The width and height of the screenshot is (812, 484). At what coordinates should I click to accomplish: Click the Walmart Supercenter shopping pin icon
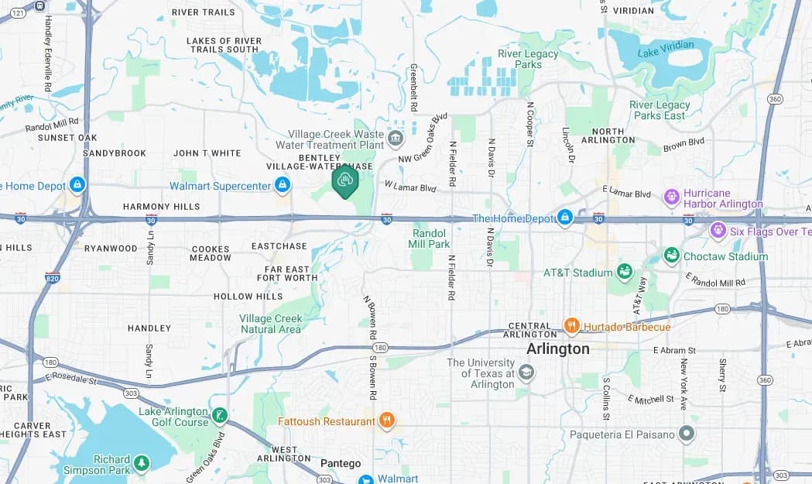[283, 185]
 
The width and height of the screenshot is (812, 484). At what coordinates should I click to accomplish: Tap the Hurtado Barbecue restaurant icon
[572, 326]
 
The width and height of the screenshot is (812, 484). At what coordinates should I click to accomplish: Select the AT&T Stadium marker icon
[624, 272]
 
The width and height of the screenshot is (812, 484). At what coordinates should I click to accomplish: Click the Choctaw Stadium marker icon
[671, 256]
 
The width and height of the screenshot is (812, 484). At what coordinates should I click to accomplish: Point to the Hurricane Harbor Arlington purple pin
[671, 197]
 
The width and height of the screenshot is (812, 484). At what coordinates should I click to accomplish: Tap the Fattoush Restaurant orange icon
[387, 421]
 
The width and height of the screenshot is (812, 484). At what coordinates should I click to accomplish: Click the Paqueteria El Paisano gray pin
[686, 434]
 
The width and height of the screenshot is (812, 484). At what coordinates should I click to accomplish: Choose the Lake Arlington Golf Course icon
[220, 416]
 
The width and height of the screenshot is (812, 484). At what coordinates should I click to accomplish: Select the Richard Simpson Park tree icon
[141, 463]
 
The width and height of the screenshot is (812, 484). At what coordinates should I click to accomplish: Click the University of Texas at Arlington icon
[526, 373]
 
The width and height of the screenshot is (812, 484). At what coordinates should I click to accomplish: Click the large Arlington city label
[557, 349]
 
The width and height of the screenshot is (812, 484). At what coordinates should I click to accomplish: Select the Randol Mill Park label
[429, 239]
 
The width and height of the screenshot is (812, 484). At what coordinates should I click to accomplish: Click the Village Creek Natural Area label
[270, 324]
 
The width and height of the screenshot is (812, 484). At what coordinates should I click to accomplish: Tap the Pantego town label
[341, 464]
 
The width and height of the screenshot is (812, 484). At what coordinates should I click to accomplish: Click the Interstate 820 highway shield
[52, 276]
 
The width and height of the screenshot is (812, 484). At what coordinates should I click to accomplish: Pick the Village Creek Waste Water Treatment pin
[396, 139]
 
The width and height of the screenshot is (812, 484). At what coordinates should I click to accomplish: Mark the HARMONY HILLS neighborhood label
[161, 207]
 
